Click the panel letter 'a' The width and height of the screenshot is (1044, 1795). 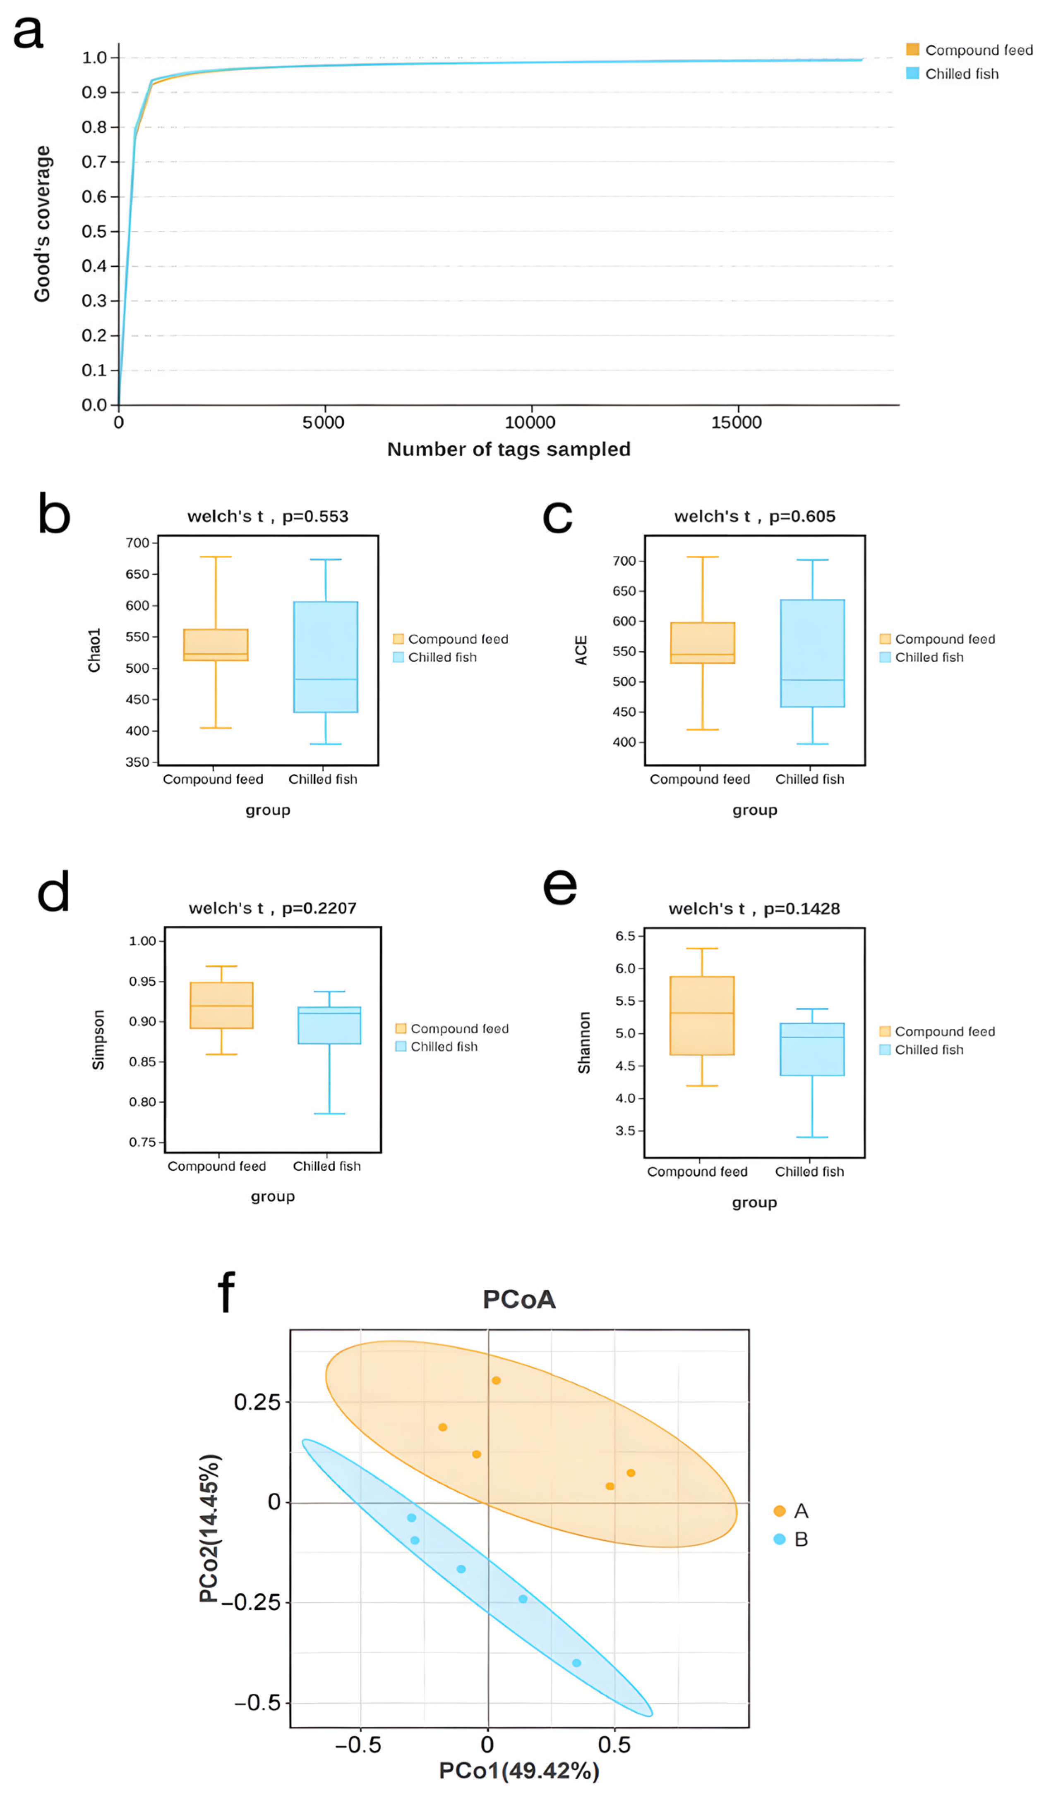pyautogui.click(x=29, y=32)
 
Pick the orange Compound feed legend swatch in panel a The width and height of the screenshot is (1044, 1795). pyautogui.click(x=912, y=49)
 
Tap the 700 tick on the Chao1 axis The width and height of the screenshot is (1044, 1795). pyautogui.click(x=137, y=543)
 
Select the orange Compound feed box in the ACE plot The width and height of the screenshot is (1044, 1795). pyautogui.click(x=702, y=643)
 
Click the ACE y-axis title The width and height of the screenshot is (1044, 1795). pyautogui.click(x=581, y=650)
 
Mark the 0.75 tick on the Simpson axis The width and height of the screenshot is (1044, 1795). pyautogui.click(x=142, y=1142)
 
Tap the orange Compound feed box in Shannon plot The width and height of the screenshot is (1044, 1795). pyautogui.click(x=702, y=1015)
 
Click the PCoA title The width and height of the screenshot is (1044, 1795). pyautogui.click(x=519, y=1299)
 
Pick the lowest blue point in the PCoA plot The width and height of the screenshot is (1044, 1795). pyautogui.click(x=576, y=1663)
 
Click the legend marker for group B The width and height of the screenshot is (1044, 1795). pyautogui.click(x=780, y=1539)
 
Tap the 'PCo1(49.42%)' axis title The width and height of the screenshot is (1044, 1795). pyautogui.click(x=519, y=1771)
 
